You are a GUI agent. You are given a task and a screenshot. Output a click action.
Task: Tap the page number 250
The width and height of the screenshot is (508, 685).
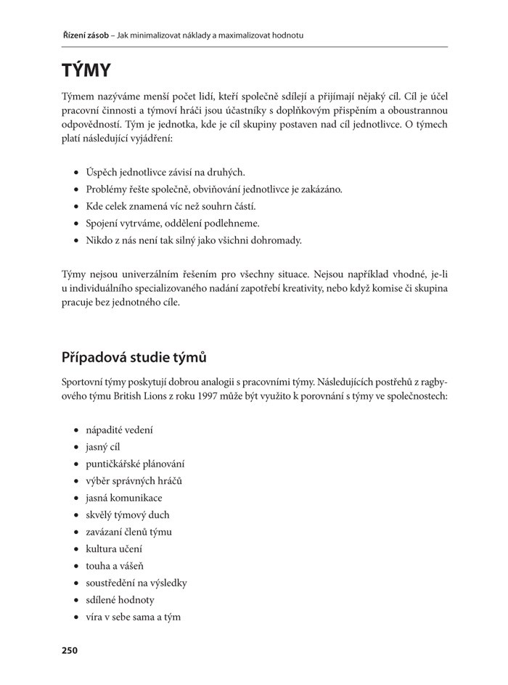pyautogui.click(x=69, y=650)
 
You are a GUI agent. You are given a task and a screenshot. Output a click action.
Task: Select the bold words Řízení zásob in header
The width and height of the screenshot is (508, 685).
pyautogui.click(x=85, y=35)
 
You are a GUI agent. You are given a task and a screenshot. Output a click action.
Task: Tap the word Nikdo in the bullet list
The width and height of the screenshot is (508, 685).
pyautogui.click(x=99, y=240)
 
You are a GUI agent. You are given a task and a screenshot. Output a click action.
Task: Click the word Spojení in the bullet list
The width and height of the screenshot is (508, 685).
pyautogui.click(x=102, y=223)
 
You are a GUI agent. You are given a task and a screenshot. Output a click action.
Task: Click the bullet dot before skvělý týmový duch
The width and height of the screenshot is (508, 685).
pyautogui.click(x=76, y=515)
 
